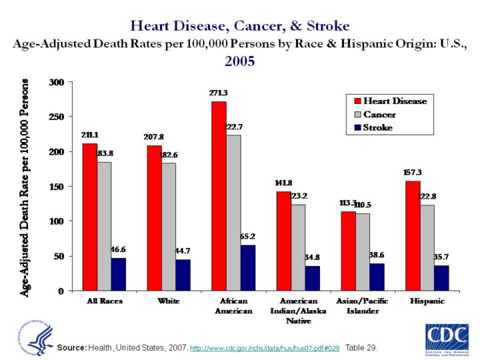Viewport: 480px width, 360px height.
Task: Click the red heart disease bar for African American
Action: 219,196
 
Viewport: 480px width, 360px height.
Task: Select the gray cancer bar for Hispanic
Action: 427,247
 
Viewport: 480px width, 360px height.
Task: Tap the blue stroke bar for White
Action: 183,275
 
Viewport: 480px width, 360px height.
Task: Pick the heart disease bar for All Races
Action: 90,217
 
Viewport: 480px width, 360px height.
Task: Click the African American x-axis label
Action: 233,306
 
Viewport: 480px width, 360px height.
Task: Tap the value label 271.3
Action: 219,94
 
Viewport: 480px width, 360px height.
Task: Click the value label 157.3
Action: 412,173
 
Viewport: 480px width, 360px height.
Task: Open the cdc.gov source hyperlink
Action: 265,349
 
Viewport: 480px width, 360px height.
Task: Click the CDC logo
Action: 447,338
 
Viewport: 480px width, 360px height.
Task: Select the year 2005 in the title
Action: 239,61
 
